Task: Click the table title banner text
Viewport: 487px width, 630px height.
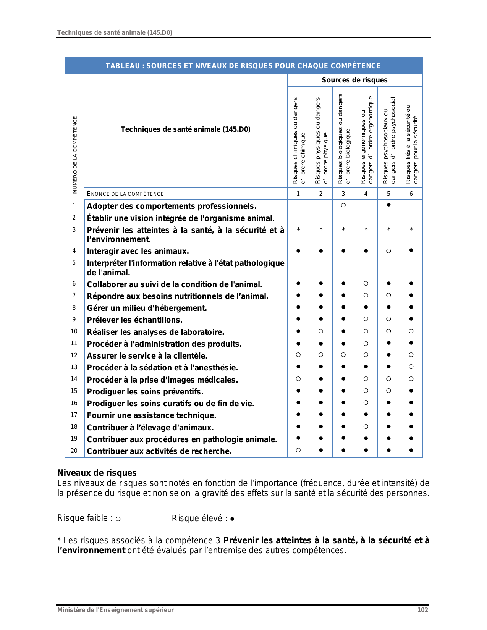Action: click(x=243, y=66)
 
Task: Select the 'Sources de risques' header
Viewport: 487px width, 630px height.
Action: click(x=354, y=80)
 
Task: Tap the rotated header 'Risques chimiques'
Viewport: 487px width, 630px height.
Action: click(x=299, y=141)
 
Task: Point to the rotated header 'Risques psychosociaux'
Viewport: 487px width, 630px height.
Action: click(x=389, y=141)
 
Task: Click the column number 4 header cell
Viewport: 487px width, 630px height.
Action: click(x=366, y=194)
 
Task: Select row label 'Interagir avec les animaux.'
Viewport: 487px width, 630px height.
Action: click(x=138, y=251)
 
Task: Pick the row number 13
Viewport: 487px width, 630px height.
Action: click(x=74, y=367)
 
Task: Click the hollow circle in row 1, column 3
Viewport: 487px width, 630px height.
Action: click(x=343, y=205)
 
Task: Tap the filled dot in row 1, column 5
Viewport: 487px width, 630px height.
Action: click(x=388, y=205)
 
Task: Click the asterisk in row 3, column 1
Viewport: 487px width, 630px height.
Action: click(x=298, y=229)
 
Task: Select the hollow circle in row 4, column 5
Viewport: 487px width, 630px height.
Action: click(x=388, y=251)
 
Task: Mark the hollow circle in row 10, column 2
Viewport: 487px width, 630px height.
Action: click(x=321, y=331)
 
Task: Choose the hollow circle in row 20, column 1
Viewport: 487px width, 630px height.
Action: click(x=298, y=450)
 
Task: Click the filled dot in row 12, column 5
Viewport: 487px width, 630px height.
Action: click(x=388, y=355)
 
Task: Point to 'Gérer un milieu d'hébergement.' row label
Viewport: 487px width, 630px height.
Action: click(x=147, y=308)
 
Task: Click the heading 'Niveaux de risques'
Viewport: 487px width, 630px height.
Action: click(x=97, y=473)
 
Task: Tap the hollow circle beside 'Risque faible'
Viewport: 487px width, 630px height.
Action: click(x=118, y=519)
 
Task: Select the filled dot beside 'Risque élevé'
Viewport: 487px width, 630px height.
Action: click(x=232, y=519)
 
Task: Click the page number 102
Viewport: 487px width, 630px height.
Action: click(x=422, y=610)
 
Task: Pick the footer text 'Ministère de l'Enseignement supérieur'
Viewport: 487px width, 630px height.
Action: click(x=115, y=610)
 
